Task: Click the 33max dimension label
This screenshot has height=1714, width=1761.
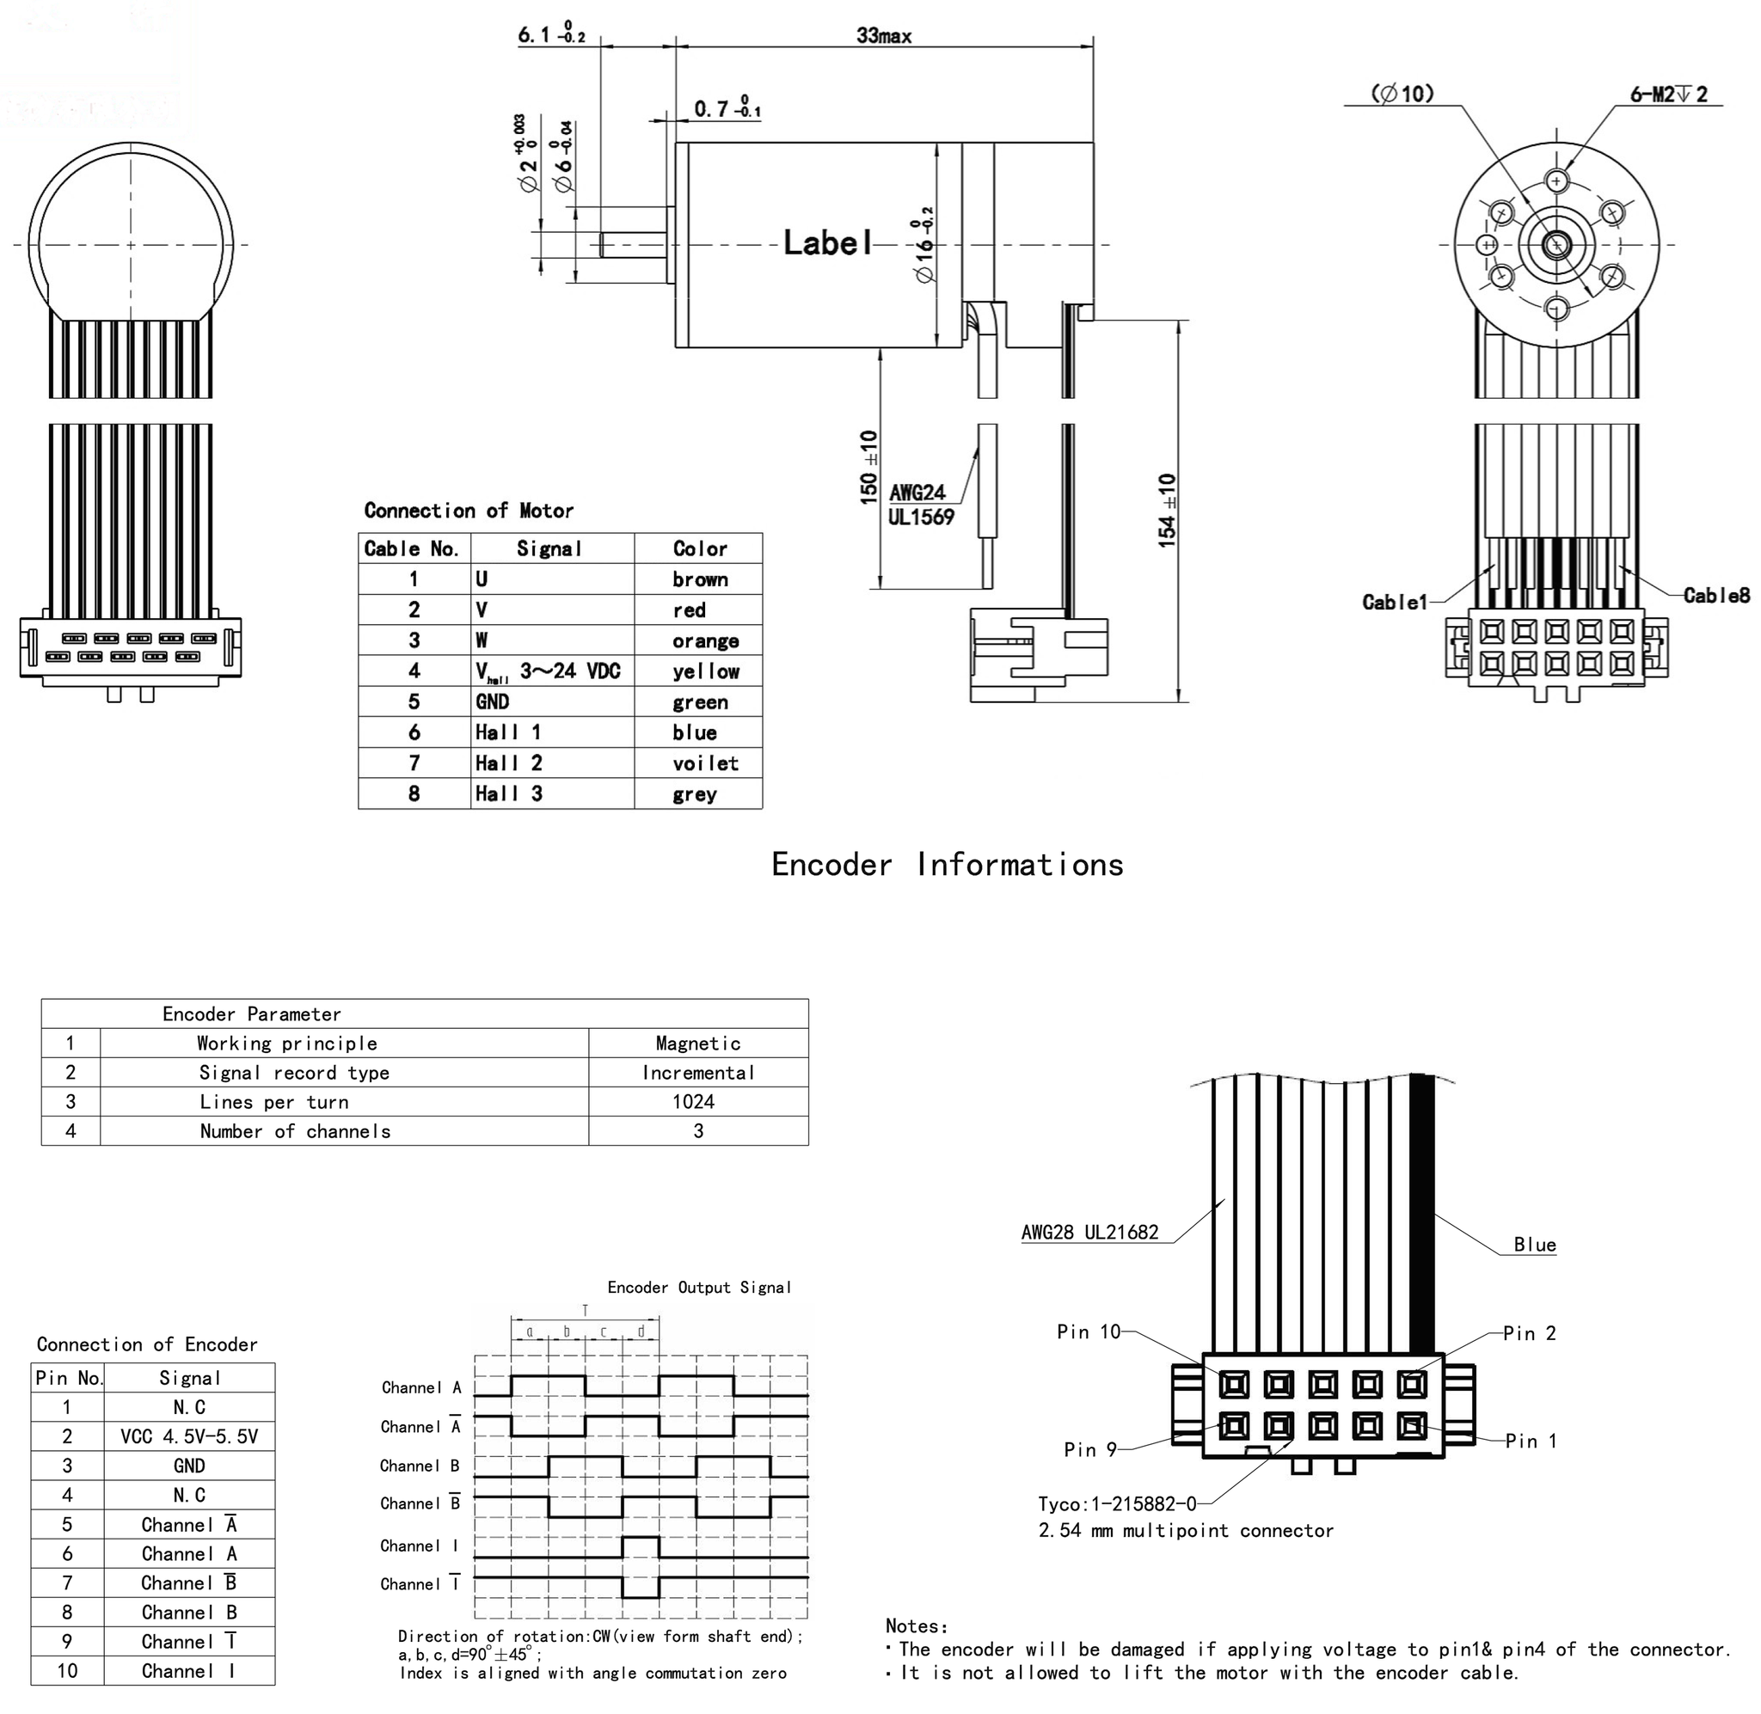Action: coord(883,36)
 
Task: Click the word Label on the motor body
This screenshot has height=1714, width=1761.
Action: coord(826,242)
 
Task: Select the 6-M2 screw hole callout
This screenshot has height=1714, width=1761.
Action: coord(1667,95)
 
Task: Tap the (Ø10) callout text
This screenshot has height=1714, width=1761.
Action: coord(1402,94)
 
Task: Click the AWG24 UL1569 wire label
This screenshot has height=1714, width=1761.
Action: coord(919,504)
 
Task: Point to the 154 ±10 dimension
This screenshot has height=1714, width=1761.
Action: coord(1167,511)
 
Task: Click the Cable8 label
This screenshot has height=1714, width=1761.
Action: coord(1715,595)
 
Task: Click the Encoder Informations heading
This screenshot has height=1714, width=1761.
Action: coord(947,864)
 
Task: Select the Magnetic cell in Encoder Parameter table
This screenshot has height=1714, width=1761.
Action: coord(697,1044)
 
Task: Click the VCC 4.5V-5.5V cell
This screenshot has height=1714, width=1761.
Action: coord(189,1436)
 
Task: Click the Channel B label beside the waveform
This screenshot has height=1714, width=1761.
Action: coord(420,1466)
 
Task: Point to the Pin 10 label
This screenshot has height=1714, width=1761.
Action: coord(1088,1331)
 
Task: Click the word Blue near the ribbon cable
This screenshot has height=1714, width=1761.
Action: coord(1534,1245)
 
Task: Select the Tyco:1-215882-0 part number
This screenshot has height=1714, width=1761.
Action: coord(1116,1504)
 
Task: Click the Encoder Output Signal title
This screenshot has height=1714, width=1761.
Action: coord(698,1288)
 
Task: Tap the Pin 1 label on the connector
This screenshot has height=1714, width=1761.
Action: coord(1531,1442)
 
